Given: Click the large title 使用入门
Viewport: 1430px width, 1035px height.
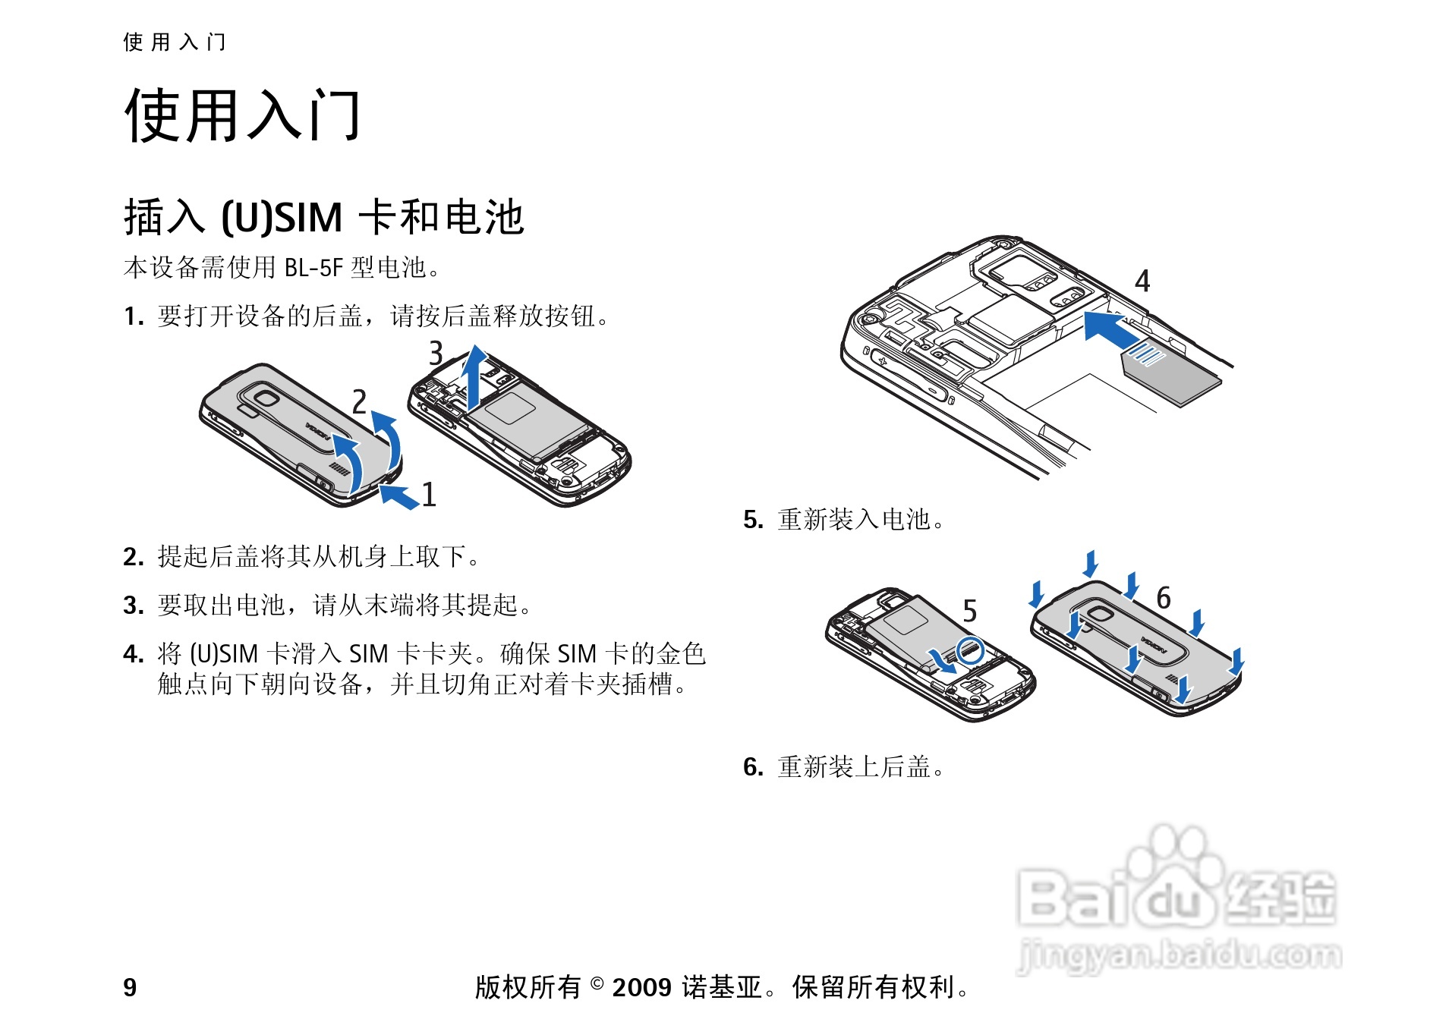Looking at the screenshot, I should (x=242, y=115).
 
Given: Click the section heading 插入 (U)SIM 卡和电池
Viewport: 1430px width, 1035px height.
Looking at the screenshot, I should (x=323, y=217).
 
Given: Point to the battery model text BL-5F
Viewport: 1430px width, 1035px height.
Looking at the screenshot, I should (x=313, y=268).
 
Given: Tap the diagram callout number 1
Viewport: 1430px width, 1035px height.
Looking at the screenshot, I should (x=429, y=495).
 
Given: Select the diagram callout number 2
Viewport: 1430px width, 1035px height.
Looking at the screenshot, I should (x=359, y=401).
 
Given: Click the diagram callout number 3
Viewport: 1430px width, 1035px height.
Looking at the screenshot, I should (x=436, y=354).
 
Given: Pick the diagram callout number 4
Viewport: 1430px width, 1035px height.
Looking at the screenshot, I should (x=1142, y=282).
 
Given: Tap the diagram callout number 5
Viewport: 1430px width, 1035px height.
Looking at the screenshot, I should (x=969, y=611).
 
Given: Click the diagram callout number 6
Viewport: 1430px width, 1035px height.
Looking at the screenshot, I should (x=1164, y=598).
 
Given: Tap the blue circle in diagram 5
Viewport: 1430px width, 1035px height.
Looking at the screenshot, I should (x=970, y=650).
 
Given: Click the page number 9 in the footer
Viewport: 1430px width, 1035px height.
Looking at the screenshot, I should (x=130, y=987).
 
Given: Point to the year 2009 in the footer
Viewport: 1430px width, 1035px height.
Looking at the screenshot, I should (x=641, y=987).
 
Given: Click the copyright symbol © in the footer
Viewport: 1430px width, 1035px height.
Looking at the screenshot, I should (x=597, y=984).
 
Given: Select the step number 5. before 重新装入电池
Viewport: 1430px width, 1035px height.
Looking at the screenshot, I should (x=753, y=520).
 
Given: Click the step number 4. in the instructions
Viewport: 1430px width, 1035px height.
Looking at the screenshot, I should (x=133, y=654).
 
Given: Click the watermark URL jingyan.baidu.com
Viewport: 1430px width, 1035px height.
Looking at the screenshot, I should (x=1179, y=955).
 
